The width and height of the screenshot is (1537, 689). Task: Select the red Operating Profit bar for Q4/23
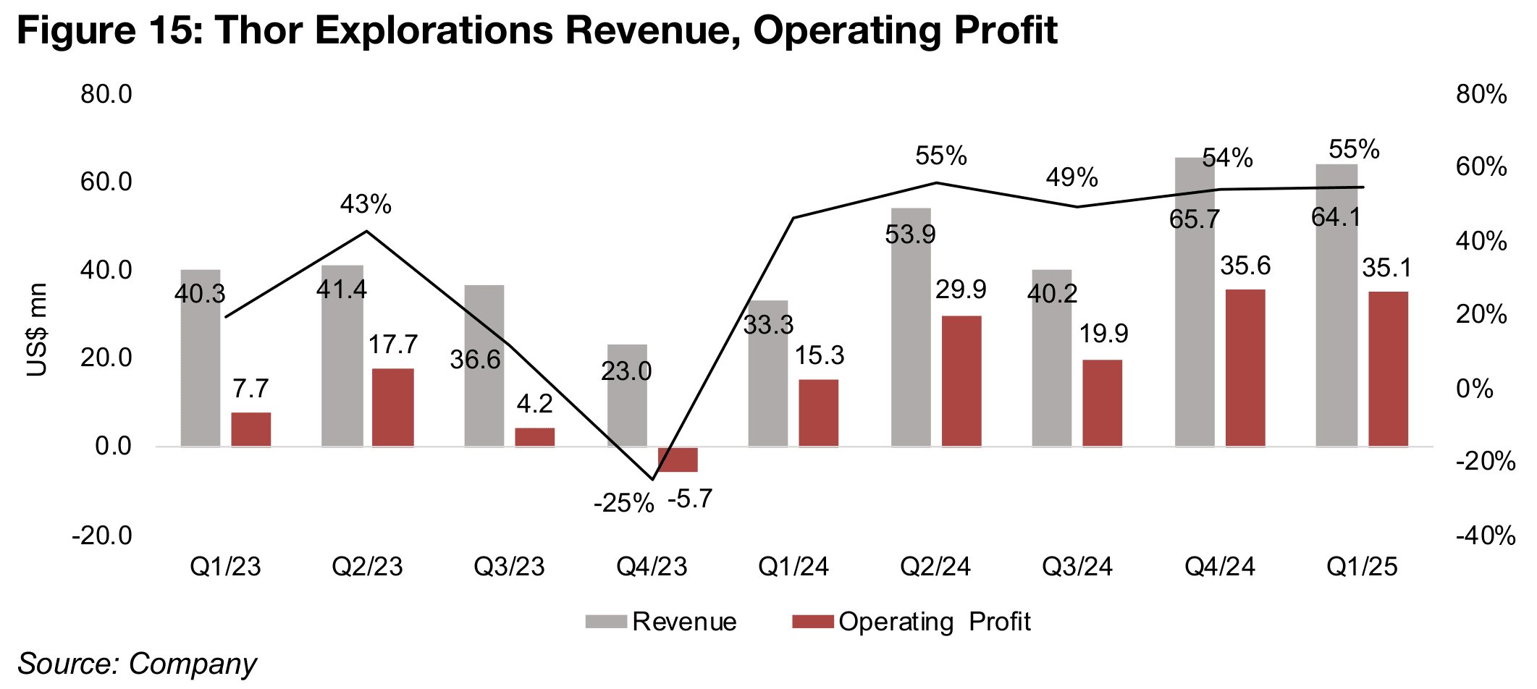(678, 460)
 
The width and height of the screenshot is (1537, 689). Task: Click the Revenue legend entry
(661, 622)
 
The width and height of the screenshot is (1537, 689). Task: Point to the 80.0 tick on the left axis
(106, 94)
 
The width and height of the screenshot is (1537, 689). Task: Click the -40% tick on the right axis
(1486, 536)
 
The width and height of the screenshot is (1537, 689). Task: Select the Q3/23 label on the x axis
(509, 567)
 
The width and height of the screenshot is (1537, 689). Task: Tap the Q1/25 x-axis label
(1362, 567)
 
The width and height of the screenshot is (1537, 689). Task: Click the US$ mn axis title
(36, 330)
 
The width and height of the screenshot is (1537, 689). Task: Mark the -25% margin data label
(623, 503)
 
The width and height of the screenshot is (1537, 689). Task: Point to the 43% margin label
(366, 205)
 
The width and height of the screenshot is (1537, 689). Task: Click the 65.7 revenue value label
(1195, 219)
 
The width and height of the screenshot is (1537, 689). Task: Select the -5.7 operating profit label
(690, 499)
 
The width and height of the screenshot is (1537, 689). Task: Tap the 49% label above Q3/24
(1071, 177)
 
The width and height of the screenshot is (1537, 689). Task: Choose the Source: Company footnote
(137, 664)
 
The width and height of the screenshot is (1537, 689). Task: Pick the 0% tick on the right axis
(1474, 389)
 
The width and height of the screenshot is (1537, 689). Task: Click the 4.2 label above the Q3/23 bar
(534, 404)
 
